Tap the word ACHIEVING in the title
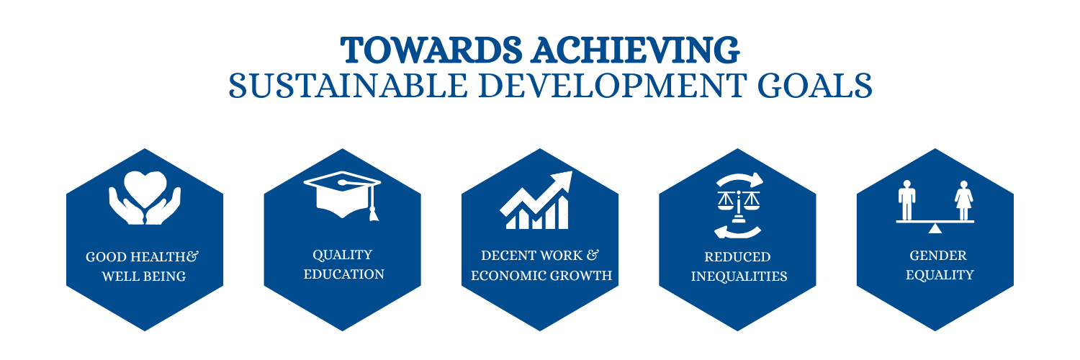coord(636,50)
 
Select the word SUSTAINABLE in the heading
coord(348,86)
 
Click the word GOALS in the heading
coord(815,86)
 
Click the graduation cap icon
coord(342,195)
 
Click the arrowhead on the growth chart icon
coord(562,181)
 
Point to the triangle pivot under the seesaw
coord(935,228)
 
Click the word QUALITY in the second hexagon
coord(342,255)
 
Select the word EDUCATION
coord(343,274)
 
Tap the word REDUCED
coord(737,257)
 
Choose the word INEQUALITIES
coord(739,276)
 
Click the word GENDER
coord(937,256)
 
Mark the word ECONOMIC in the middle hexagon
coord(508,276)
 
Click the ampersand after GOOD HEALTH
coord(192,256)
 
